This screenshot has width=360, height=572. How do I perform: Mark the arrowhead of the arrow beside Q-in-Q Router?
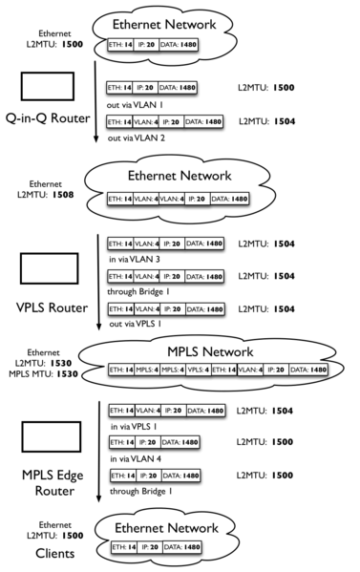(x=96, y=139)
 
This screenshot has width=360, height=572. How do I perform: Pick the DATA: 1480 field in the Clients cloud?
(x=186, y=547)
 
